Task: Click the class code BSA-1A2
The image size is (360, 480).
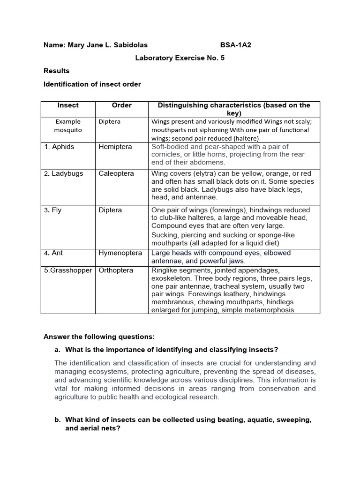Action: tap(239, 45)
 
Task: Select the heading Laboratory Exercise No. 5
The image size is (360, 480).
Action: tap(177, 58)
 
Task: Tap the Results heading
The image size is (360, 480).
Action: tap(56, 71)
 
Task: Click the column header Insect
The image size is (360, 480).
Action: tap(68, 105)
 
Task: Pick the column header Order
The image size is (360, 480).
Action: tap(121, 105)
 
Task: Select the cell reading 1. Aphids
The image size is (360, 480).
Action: tap(60, 147)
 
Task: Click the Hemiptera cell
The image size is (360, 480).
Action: tap(115, 147)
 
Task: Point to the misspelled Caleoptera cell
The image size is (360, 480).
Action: tap(116, 173)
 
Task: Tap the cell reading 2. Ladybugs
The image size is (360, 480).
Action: tap(64, 173)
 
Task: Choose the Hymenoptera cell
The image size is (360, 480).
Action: tap(120, 253)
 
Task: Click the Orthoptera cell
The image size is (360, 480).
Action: tap(116, 270)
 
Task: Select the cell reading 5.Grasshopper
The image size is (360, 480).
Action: tap(68, 270)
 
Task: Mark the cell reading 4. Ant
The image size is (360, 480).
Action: tap(53, 253)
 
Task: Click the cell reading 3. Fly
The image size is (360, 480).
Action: tap(53, 210)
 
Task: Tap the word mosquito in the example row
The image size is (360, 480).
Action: tap(68, 130)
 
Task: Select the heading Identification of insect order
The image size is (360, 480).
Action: tap(92, 84)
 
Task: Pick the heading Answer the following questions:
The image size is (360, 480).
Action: tap(99, 337)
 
